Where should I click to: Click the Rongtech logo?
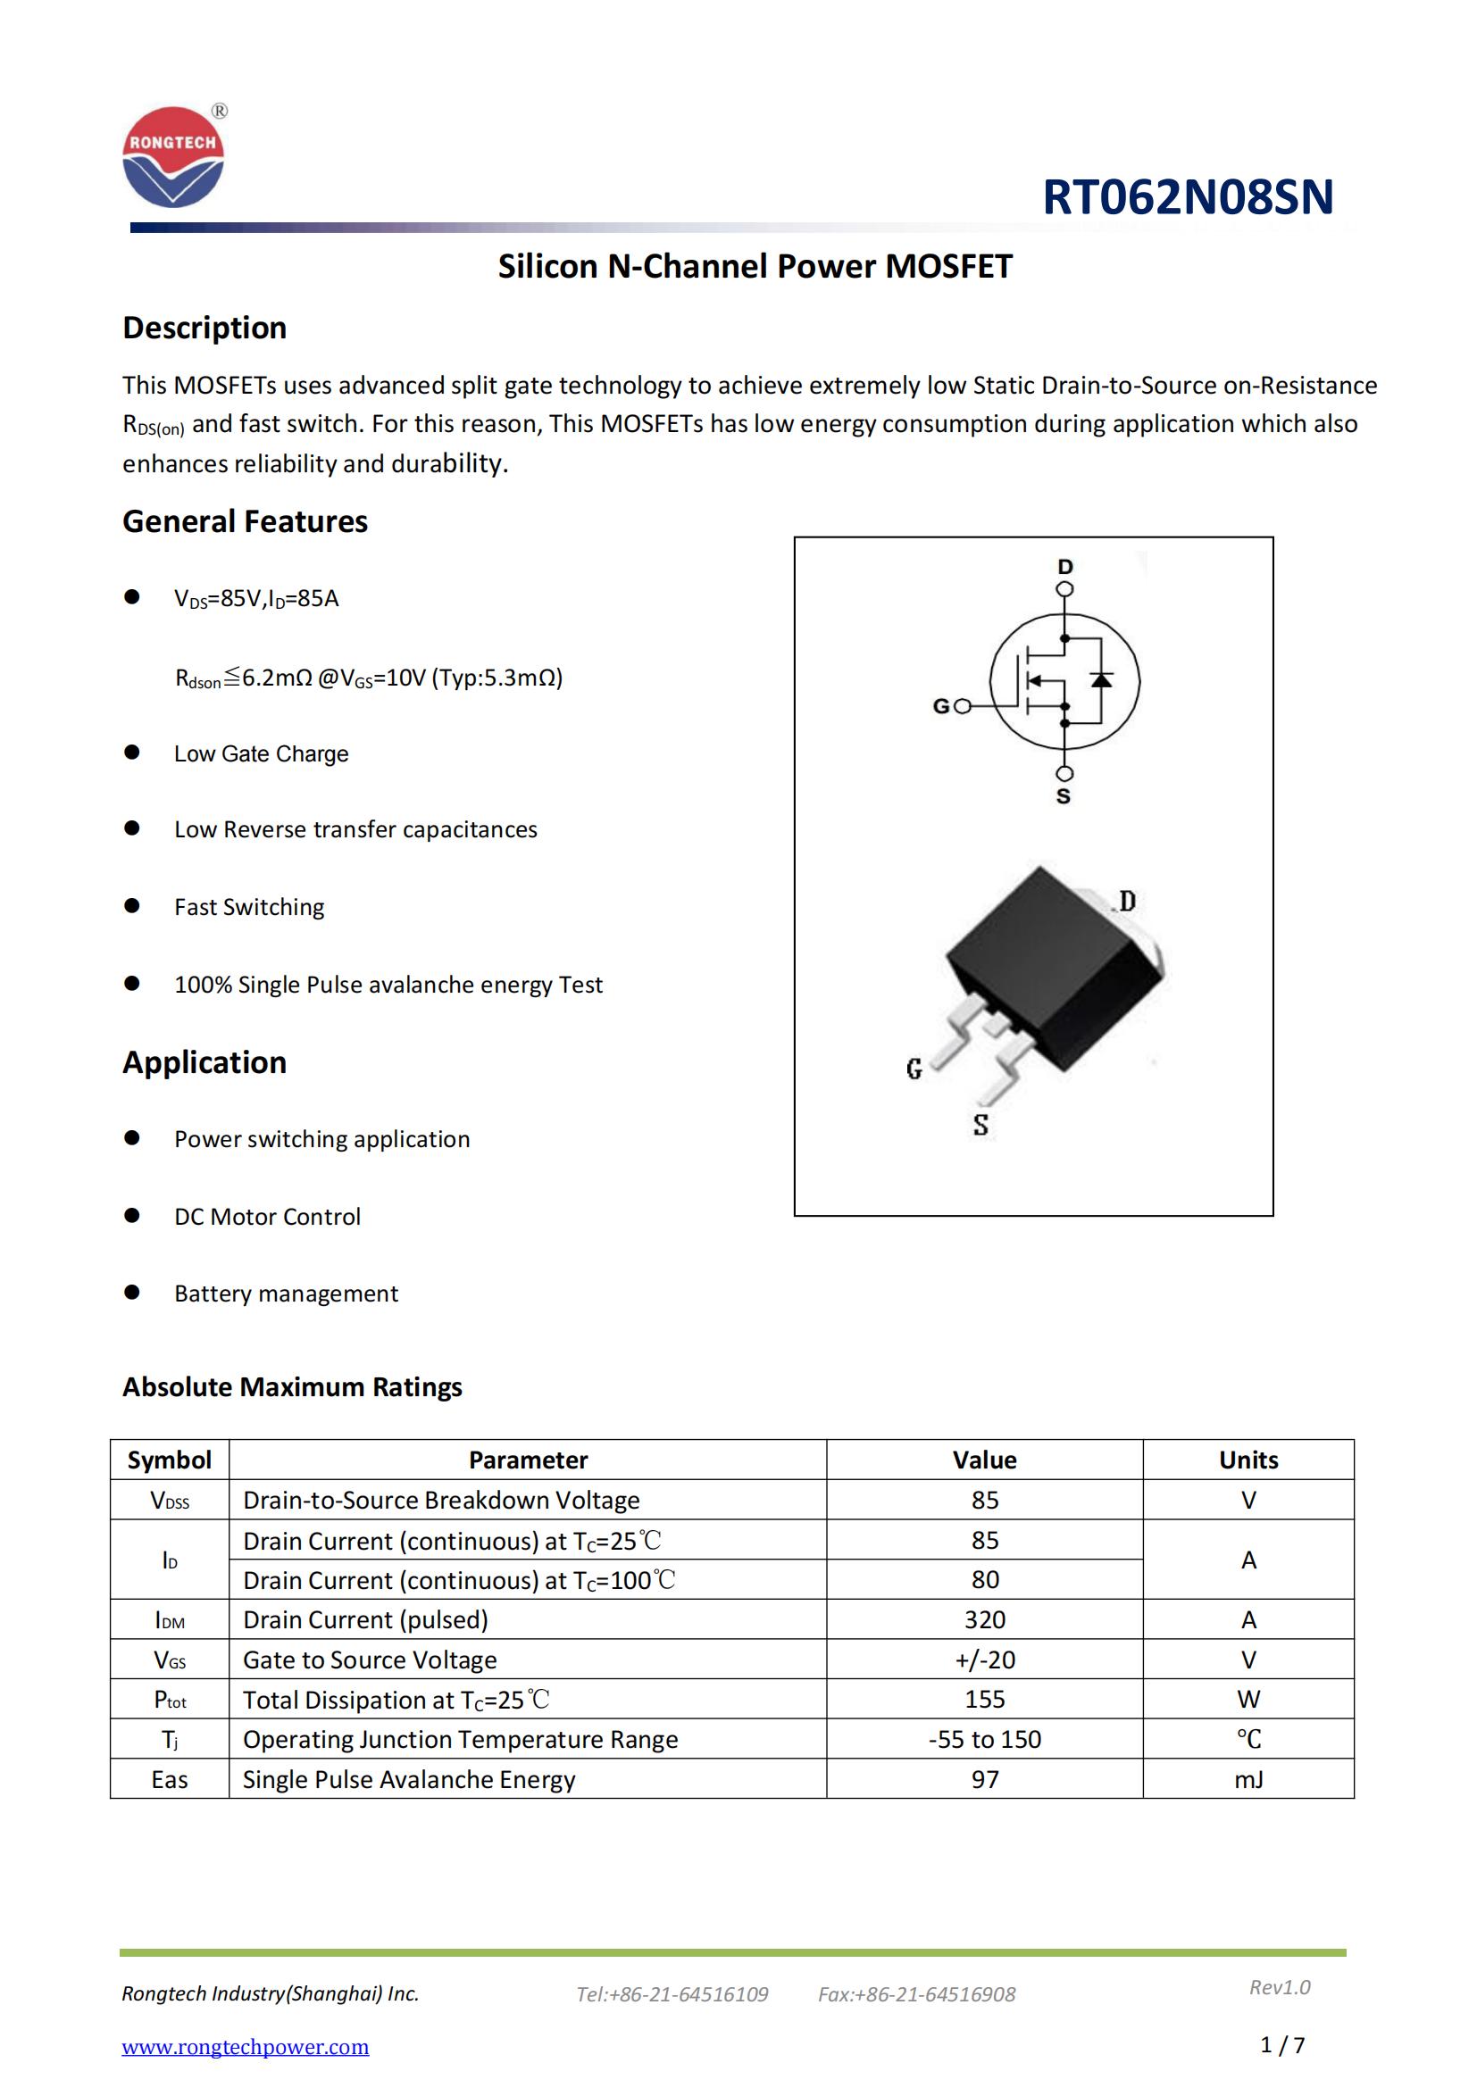point(173,156)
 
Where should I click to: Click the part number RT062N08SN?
point(1187,197)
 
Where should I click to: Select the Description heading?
point(204,328)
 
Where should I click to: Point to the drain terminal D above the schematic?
point(1065,568)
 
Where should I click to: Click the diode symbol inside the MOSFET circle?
point(1101,679)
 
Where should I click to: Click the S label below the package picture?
point(980,1125)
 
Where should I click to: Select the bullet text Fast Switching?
point(249,907)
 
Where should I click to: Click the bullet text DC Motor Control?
point(267,1217)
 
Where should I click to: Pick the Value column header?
point(984,1460)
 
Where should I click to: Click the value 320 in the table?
point(984,1619)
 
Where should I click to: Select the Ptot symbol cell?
point(169,1700)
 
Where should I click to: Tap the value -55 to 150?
point(984,1739)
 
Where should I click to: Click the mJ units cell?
point(1248,1779)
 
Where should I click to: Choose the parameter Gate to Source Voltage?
point(370,1660)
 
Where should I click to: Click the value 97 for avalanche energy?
point(984,1779)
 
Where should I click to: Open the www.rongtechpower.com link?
point(246,2046)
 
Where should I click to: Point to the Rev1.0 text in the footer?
point(1280,1987)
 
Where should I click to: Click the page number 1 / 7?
point(1282,2045)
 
